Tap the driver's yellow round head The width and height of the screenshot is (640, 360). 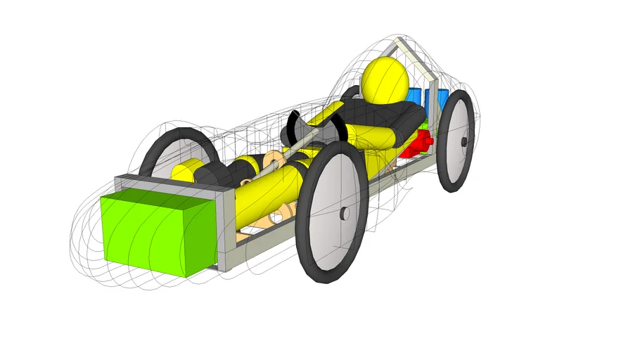click(385, 79)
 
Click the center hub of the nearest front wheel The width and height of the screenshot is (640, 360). click(344, 214)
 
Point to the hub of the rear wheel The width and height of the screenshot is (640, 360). click(464, 141)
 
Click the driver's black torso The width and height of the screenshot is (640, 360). click(380, 113)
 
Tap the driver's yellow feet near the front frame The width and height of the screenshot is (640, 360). click(187, 170)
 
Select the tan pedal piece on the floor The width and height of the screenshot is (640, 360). click(285, 212)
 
